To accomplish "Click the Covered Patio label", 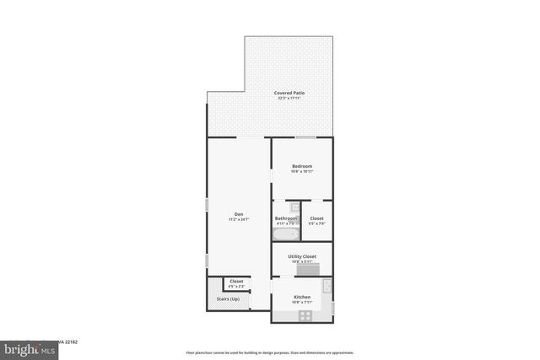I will pyautogui.click(x=289, y=93).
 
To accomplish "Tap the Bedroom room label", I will pyautogui.click(x=302, y=166).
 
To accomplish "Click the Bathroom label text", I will pyautogui.click(x=285, y=218).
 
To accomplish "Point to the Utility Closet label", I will pyautogui.click(x=302, y=255).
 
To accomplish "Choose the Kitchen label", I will pyautogui.click(x=302, y=297).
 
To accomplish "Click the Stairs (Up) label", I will pyautogui.click(x=229, y=299).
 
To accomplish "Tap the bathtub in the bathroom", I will pyautogui.click(x=285, y=234).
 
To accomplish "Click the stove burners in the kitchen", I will pyautogui.click(x=305, y=315).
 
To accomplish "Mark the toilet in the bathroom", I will pyautogui.click(x=294, y=208).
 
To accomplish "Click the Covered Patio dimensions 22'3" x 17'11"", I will pyautogui.click(x=289, y=99).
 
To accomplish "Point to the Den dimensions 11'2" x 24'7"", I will pyautogui.click(x=239, y=219).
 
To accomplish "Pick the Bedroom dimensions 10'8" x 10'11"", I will pyautogui.click(x=302, y=172).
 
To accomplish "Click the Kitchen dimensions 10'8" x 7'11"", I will pyautogui.click(x=302, y=303).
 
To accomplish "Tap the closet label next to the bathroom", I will pyautogui.click(x=317, y=218).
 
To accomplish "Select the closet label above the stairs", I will pyautogui.click(x=236, y=281).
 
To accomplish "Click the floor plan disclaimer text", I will pyautogui.click(x=270, y=353).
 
